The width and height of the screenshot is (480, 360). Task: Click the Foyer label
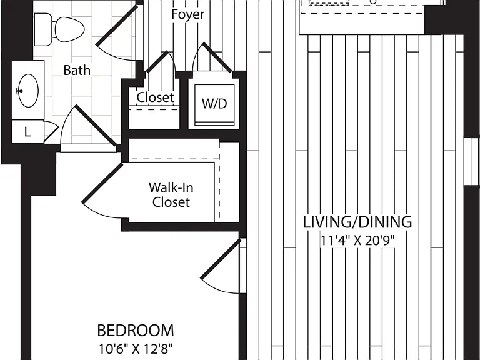click(187, 14)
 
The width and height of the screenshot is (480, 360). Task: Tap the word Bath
click(77, 70)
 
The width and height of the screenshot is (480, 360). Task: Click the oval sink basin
click(29, 91)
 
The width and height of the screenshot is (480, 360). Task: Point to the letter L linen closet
click(27, 132)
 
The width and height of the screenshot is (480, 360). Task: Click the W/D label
click(214, 104)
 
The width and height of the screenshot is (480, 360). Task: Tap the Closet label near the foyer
click(155, 97)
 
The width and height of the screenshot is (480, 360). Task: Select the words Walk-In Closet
click(171, 195)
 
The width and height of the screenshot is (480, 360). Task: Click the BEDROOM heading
click(136, 331)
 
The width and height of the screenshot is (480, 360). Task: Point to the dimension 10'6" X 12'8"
click(136, 349)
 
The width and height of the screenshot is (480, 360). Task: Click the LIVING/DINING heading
click(357, 222)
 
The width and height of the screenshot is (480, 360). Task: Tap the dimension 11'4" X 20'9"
click(357, 241)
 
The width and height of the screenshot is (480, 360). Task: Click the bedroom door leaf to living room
click(220, 259)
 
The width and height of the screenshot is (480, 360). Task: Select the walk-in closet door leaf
click(102, 183)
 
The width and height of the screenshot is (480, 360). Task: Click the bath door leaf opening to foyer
click(117, 25)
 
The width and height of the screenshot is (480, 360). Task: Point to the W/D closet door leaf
click(217, 57)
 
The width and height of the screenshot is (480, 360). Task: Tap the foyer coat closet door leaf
click(157, 61)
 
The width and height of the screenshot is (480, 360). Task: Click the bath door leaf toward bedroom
click(96, 125)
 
